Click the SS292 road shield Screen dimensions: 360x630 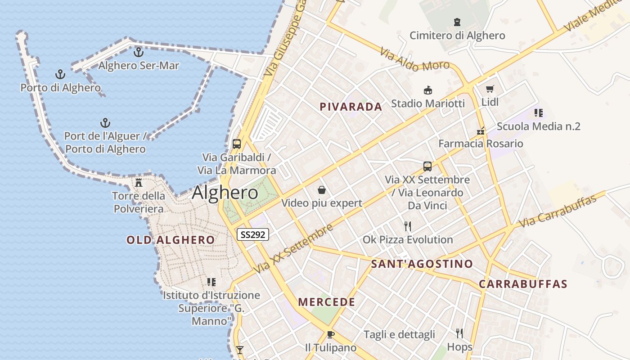(x=253, y=234)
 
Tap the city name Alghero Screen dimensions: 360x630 (x=225, y=193)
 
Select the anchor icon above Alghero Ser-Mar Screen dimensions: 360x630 (x=139, y=52)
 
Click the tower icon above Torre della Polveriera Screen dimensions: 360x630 (x=139, y=183)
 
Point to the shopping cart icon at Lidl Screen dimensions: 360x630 (x=490, y=89)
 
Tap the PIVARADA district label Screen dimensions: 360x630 (x=351, y=107)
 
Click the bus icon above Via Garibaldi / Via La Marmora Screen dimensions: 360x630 (x=237, y=144)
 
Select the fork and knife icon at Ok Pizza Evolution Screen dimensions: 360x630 (x=408, y=226)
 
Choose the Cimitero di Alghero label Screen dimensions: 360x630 (x=457, y=36)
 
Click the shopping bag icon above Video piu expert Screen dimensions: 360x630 (x=322, y=190)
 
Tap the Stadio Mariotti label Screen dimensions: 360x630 (x=428, y=103)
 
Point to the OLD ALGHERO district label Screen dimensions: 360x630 (x=171, y=240)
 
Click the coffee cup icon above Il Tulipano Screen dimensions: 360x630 (x=331, y=334)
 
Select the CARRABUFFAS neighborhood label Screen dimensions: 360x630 (x=523, y=284)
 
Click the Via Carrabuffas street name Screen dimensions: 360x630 (x=558, y=210)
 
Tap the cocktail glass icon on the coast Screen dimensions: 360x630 (x=240, y=350)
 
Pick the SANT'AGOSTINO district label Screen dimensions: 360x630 (x=422, y=264)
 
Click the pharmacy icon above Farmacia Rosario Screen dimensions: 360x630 (x=481, y=131)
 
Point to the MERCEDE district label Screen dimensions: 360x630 (x=327, y=302)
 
